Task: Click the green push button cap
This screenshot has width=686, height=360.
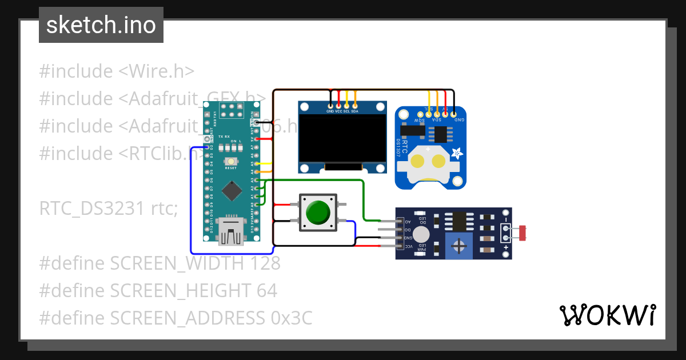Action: [x=318, y=212]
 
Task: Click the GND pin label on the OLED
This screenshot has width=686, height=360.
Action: [x=330, y=111]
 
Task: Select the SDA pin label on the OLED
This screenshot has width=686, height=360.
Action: [x=354, y=111]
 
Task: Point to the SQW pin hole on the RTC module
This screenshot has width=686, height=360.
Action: [x=420, y=115]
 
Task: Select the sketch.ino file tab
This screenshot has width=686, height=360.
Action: [x=101, y=25]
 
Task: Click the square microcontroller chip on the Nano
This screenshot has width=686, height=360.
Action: [x=231, y=191]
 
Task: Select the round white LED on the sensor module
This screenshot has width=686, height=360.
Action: [x=421, y=234]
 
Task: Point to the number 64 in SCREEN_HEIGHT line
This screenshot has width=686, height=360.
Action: [x=266, y=291]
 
